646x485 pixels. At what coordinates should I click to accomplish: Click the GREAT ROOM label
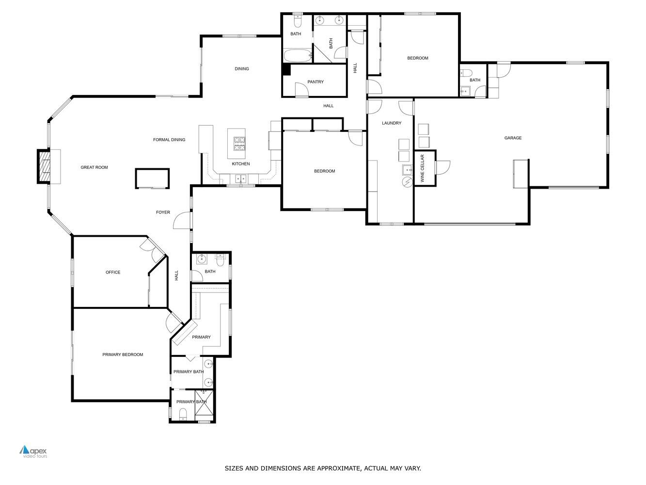94,167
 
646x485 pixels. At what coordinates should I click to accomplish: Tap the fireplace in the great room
44,167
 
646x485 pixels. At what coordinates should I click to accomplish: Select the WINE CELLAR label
422,168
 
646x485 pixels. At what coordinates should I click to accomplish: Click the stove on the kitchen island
239,144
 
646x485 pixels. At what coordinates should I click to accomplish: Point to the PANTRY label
315,82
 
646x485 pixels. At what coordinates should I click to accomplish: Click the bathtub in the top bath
297,56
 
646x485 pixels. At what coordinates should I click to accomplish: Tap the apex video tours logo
33,452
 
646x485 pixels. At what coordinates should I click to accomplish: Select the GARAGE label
513,138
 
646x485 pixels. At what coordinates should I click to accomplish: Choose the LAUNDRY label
391,123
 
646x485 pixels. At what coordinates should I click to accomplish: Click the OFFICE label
113,273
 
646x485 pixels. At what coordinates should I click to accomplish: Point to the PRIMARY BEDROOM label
123,355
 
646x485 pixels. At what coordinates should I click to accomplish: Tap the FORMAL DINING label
169,140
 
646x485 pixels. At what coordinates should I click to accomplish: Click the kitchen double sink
241,179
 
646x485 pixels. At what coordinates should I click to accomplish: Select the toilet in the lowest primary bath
183,414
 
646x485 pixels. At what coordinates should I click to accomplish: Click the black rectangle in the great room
152,178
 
